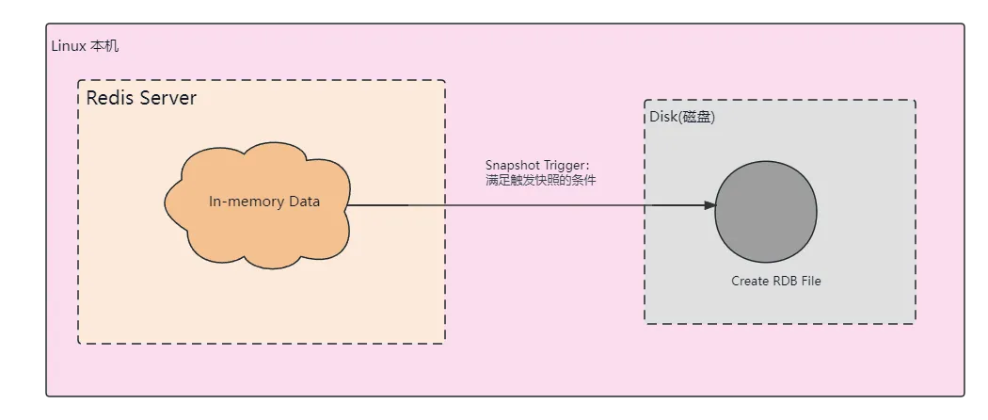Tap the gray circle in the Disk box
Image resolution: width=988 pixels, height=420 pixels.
tap(765, 211)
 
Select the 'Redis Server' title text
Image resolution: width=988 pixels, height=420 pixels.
tap(141, 98)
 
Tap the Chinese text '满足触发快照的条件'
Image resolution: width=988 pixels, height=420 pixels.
tap(541, 179)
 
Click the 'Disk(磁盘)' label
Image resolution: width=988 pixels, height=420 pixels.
tap(683, 116)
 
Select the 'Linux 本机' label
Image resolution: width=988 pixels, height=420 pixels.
tap(85, 46)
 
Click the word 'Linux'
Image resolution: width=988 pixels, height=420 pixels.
tap(68, 46)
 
